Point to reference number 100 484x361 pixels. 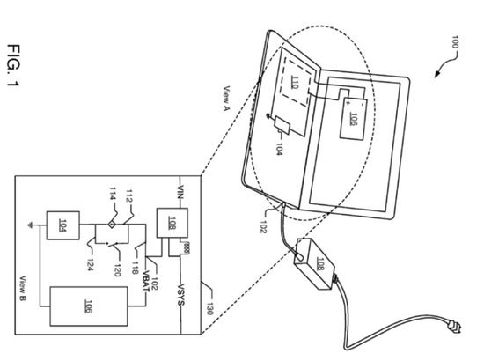tap(455, 42)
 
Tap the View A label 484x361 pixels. tap(227, 99)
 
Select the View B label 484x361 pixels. tap(23, 289)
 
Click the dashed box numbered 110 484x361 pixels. tap(295, 82)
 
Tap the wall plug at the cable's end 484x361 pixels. tap(454, 327)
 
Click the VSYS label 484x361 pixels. tap(181, 294)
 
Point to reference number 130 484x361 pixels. tap(209, 308)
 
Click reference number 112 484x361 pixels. tap(128, 196)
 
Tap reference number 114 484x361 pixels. tap(113, 194)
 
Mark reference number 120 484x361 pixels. tap(117, 270)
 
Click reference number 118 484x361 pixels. tap(135, 268)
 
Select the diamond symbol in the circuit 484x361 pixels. tap(112, 225)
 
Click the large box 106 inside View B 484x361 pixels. tap(89, 306)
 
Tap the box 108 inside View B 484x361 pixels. tap(172, 223)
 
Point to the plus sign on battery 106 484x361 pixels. tap(348, 103)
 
